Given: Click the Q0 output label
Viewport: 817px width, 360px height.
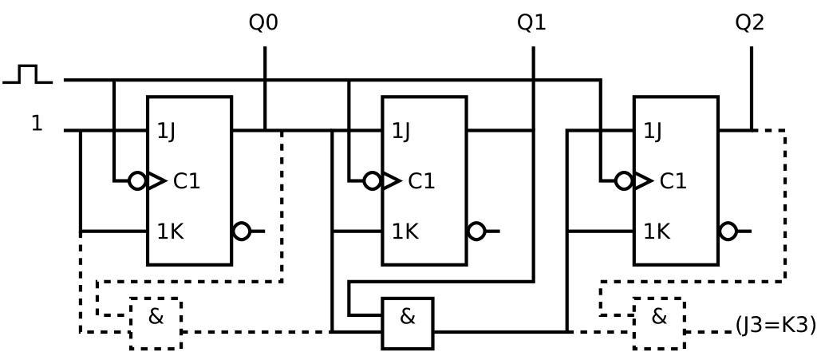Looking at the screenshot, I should coord(264,22).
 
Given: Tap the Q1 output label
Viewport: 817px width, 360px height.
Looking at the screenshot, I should coord(532,22).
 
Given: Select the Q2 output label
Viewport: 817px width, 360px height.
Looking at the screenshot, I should coord(750,22).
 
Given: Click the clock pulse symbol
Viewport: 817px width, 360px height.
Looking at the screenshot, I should coord(28,74).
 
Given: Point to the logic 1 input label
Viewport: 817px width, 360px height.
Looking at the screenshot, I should coord(37,124).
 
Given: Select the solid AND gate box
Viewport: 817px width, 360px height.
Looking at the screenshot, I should coord(408,323).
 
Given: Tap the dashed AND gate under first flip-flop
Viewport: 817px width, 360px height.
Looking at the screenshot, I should coord(156,323).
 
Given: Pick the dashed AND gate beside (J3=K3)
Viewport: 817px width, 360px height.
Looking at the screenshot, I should coord(659,323).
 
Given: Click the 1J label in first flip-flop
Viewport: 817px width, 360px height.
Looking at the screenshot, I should coord(166,131).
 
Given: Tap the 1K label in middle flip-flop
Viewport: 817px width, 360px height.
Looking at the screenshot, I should coord(405,231).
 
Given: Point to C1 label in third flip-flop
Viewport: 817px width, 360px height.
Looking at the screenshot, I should coord(673,181).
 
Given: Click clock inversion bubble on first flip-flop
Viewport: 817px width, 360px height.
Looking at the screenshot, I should coord(137,181).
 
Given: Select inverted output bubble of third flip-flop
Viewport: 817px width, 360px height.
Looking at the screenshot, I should coord(728,231).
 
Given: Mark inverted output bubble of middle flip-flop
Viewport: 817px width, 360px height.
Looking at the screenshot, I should coord(476,231).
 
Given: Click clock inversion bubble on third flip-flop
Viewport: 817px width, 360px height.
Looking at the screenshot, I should coord(624,181).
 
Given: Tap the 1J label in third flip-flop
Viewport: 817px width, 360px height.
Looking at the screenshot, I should coord(653,131).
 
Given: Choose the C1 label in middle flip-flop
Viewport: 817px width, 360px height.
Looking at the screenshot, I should coord(421,181).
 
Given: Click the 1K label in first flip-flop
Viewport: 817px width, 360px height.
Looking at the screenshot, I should coord(170,231).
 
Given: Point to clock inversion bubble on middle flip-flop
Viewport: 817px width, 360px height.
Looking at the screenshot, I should coord(372,181).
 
